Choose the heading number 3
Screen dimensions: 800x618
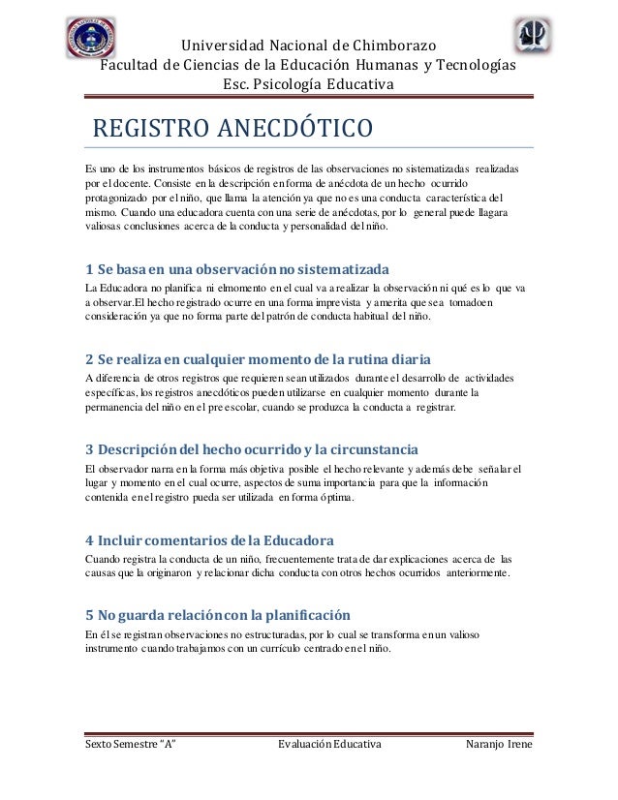pos(90,450)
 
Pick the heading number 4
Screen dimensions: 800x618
pos(90,540)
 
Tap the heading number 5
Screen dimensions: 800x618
pos(90,616)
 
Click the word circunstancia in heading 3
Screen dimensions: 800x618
pos(369,450)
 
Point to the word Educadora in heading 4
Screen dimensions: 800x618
pos(296,540)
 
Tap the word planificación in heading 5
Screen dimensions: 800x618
pos(287,616)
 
